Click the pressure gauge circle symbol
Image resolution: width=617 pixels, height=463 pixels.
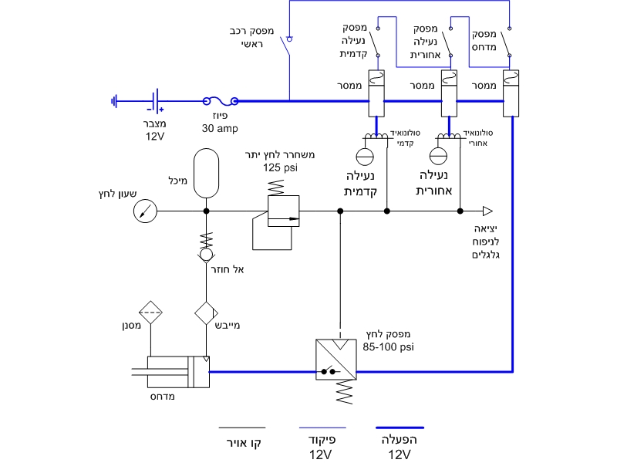(145, 211)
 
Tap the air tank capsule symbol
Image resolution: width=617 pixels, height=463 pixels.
(206, 173)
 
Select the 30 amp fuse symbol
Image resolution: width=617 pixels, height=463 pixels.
(221, 101)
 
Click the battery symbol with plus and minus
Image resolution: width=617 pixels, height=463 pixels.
(156, 101)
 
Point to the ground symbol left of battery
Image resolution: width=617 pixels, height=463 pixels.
(114, 101)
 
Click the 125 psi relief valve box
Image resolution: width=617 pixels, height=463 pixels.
(283, 211)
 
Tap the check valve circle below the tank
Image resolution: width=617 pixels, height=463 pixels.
(206, 255)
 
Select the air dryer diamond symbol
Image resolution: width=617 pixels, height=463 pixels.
(206, 313)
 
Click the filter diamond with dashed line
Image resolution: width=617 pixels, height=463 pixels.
(150, 313)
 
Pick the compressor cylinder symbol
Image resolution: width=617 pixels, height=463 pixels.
(178, 372)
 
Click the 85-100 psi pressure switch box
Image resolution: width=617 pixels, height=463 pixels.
(336, 360)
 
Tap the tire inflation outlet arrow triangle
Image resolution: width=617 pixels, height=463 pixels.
(487, 211)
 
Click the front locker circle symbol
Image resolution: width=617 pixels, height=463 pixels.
(365, 157)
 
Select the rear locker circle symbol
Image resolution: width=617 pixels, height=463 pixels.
(438, 156)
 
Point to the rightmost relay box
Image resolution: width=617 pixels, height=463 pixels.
(511, 93)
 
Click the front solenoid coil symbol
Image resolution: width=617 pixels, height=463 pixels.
(376, 137)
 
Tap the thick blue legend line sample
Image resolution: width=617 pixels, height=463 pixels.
(400, 428)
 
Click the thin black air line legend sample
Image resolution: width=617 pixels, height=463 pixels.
(242, 428)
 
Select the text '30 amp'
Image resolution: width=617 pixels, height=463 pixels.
(220, 128)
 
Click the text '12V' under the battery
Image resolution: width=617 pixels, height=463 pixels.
(155, 137)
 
